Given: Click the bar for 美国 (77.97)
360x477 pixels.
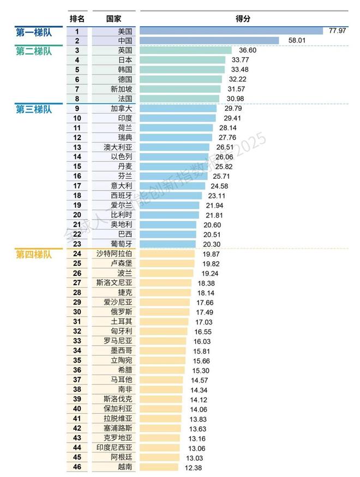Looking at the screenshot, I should click(232, 31).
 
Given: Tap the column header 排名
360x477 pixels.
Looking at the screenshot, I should click(77, 18).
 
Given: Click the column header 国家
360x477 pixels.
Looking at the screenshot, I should click(113, 18).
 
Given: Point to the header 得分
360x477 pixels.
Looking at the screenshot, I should click(243, 18).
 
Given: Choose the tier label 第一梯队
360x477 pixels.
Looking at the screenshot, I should click(34, 31).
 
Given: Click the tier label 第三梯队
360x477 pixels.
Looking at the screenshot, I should click(34, 109).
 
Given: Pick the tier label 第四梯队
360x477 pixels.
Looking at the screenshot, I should click(34, 254).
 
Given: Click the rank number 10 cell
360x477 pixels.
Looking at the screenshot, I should click(77, 118).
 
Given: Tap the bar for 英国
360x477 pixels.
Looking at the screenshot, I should click(186, 50).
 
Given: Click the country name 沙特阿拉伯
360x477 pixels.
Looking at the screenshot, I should click(114, 254).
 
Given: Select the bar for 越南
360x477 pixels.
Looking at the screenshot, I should click(159, 467).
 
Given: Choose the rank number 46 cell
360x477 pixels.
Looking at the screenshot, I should click(77, 467).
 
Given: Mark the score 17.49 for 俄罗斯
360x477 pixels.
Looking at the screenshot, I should click(205, 312).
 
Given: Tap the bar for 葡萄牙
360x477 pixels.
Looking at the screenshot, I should click(168, 244).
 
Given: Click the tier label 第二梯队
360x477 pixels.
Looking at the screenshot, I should click(34, 51).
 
